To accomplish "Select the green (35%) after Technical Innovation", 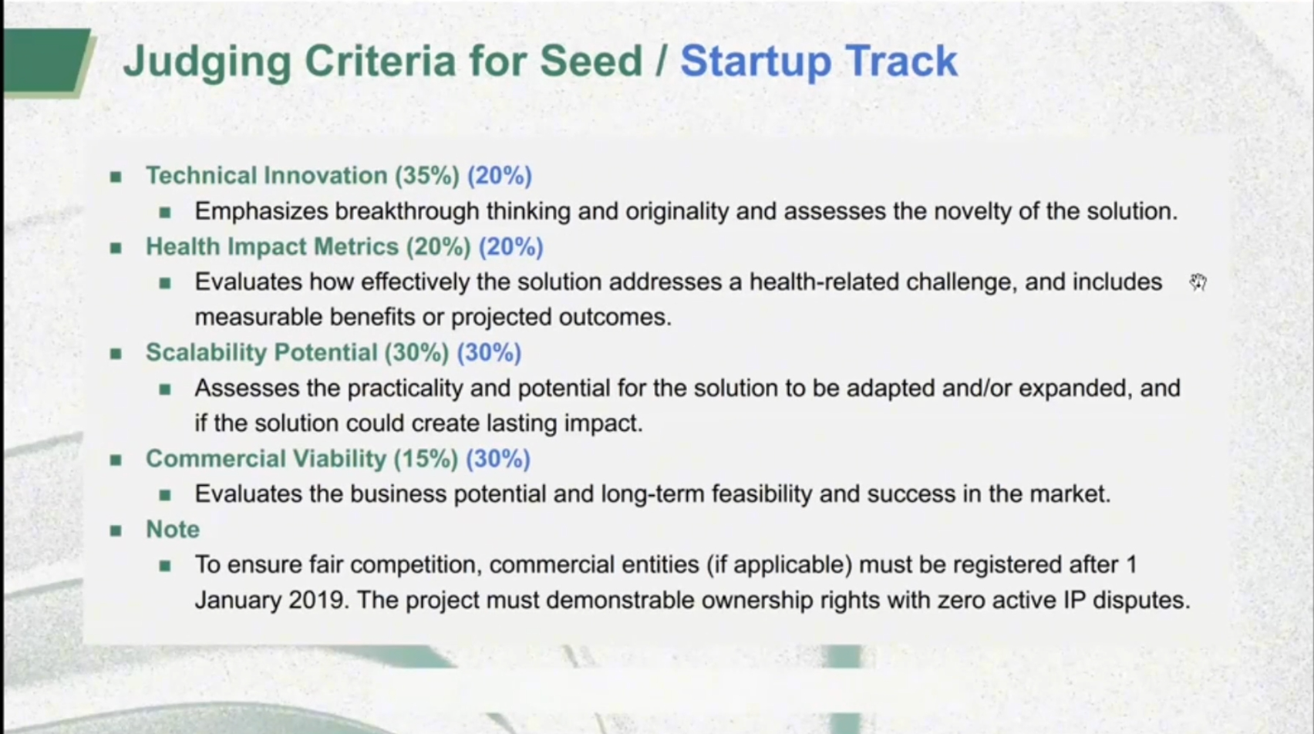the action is click(x=427, y=176).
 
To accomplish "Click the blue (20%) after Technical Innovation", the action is click(x=500, y=176).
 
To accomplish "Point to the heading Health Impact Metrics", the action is click(x=272, y=247).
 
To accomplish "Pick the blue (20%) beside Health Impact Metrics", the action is click(x=511, y=247).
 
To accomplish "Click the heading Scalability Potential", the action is click(x=261, y=352).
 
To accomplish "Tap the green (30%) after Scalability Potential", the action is click(x=417, y=352).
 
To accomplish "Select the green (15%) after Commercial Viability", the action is click(x=426, y=459).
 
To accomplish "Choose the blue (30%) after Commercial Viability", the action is click(x=499, y=459).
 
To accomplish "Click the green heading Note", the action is click(x=173, y=529).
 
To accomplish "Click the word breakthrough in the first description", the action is click(x=407, y=211).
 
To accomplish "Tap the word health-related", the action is click(x=824, y=281).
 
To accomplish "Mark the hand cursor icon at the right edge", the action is click(x=1198, y=282).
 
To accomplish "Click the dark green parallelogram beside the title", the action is click(x=45, y=60).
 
